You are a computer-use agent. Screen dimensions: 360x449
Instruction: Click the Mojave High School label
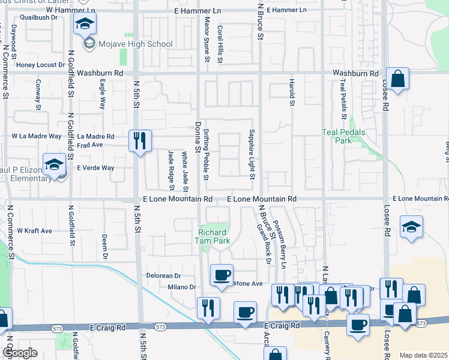click(x=135, y=44)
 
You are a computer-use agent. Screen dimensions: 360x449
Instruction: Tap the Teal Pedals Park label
click(x=336, y=136)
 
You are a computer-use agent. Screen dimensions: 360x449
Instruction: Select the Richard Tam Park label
click(x=212, y=236)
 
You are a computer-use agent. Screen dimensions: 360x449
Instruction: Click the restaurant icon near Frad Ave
click(x=140, y=141)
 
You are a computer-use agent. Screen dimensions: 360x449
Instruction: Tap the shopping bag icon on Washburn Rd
click(x=398, y=78)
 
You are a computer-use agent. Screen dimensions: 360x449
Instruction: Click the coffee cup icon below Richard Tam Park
click(x=221, y=275)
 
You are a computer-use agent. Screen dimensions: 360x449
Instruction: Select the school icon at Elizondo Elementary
click(x=54, y=165)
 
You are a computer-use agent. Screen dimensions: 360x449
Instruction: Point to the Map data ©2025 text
click(x=423, y=355)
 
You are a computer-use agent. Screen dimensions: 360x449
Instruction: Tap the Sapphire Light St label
click(x=253, y=154)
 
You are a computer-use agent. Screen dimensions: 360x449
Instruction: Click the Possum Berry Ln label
click(x=280, y=239)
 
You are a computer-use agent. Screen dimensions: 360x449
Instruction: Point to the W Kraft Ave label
click(x=34, y=230)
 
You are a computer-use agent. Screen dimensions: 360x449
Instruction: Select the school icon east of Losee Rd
click(x=411, y=227)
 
